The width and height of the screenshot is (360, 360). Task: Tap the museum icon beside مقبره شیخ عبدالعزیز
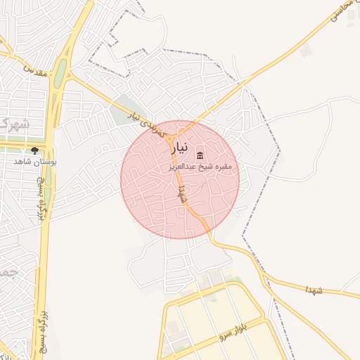tap(200, 155)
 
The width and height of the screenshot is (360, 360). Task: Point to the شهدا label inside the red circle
tap(183, 193)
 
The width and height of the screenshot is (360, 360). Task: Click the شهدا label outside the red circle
tap(314, 290)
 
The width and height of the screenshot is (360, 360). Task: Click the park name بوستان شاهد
tap(34, 161)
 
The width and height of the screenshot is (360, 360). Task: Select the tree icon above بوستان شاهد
tap(34, 150)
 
